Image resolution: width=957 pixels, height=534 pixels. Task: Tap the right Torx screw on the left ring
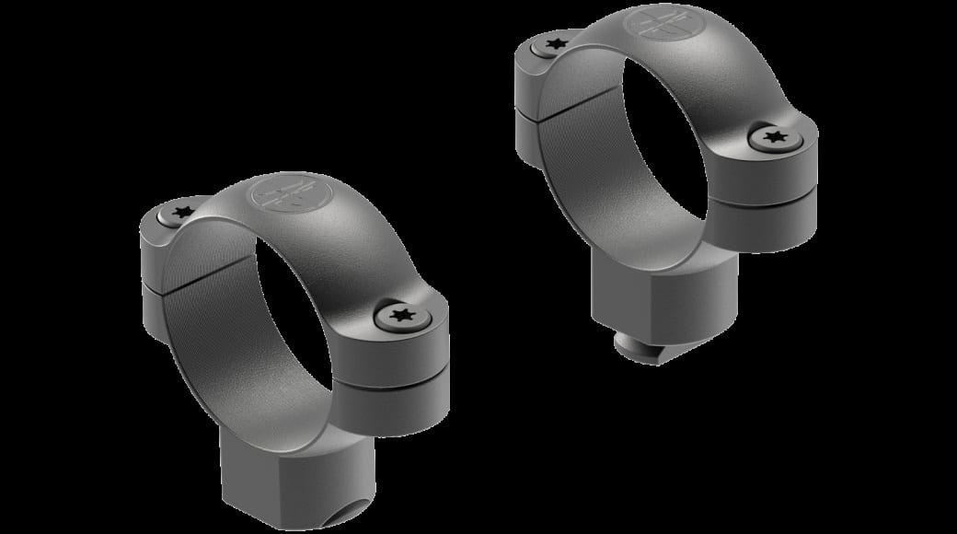pyautogui.click(x=401, y=317)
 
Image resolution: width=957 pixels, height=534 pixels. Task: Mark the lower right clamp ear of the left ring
pyautogui.click(x=405, y=396)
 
